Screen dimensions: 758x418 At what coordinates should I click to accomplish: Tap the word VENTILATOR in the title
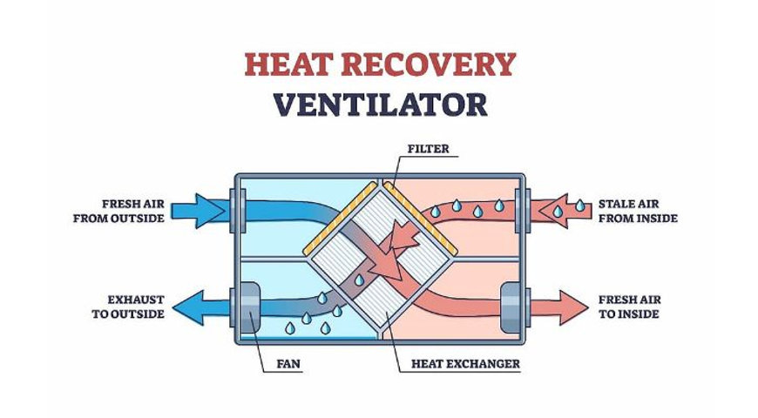pos(379,104)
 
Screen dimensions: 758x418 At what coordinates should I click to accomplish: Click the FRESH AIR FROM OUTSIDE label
pos(119,210)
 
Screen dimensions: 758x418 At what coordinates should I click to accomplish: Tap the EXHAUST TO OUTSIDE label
pos(127,307)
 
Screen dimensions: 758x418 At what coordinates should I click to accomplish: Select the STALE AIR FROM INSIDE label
pos(638,210)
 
